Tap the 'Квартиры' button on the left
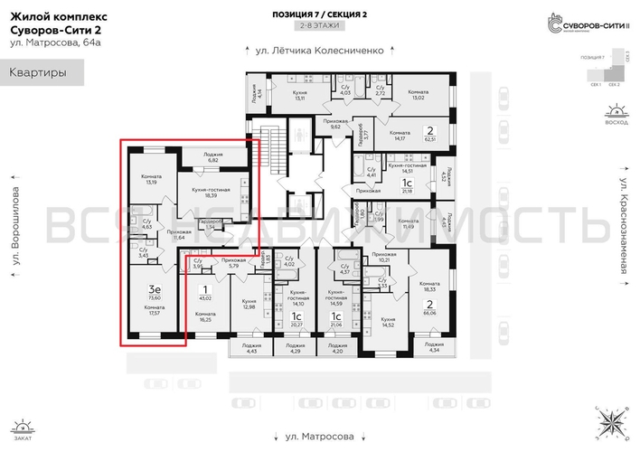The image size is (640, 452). (x=41, y=72)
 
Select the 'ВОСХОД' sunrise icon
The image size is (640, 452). (x=616, y=116)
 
